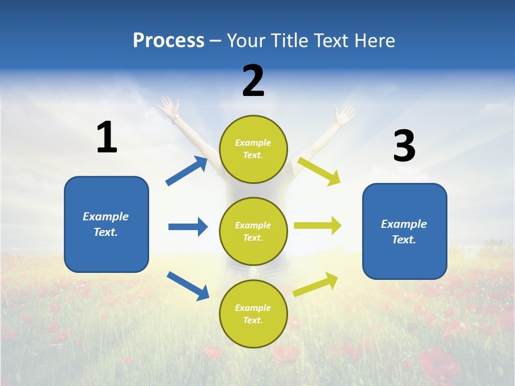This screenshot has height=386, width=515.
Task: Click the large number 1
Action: [107, 137]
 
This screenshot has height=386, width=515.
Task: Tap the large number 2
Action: [253, 81]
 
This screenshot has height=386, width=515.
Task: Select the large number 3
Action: [404, 146]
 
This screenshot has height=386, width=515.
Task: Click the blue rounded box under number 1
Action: [106, 224]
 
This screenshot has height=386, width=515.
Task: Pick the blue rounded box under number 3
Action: [404, 232]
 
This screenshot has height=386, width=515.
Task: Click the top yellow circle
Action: [253, 149]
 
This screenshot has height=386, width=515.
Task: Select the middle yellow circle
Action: [253, 231]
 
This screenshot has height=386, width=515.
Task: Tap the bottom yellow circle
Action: [253, 314]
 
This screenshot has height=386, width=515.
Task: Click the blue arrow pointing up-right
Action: [187, 171]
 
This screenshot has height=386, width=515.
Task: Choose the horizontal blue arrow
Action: [188, 227]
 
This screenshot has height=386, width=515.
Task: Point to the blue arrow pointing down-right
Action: [188, 286]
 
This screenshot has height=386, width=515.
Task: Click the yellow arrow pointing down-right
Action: [319, 170]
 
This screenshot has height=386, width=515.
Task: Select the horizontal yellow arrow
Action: [318, 225]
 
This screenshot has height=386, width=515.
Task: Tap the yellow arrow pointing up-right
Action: [315, 284]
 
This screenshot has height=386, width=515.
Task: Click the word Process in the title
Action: [168, 40]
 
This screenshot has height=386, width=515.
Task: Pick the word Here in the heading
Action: [374, 40]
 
